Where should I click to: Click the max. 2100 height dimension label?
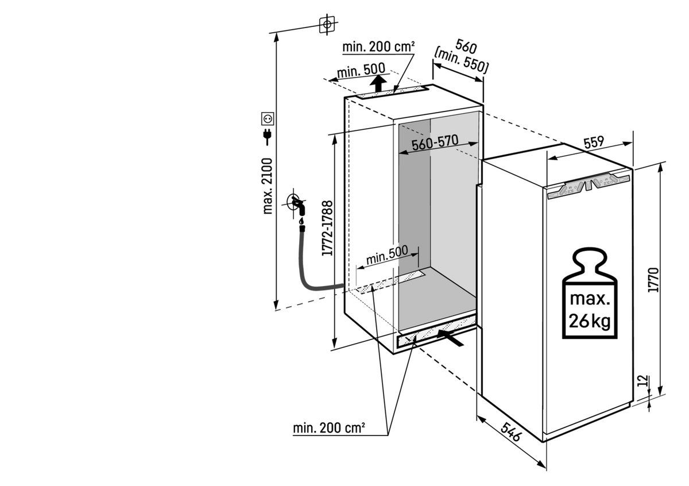(268, 186)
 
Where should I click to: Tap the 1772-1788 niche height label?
(327, 228)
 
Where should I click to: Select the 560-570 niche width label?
(435, 142)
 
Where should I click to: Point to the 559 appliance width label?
(594, 142)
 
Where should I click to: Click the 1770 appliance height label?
(653, 280)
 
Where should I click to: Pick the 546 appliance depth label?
(512, 431)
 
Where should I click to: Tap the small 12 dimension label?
(643, 381)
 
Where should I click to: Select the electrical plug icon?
(268, 137)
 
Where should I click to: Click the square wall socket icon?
(268, 118)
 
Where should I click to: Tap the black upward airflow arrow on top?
(378, 83)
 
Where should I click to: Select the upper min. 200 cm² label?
(378, 47)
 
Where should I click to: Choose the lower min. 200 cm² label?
(329, 428)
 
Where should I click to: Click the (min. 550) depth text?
(460, 61)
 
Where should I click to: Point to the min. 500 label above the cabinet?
(361, 70)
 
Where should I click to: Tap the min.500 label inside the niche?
(387, 255)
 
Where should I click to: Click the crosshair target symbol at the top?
(327, 24)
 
